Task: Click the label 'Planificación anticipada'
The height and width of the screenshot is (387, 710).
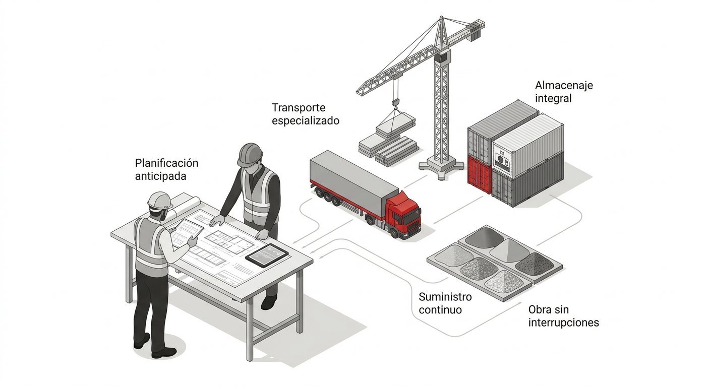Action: pyautogui.click(x=166, y=170)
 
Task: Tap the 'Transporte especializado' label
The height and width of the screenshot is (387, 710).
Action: pyautogui.click(x=305, y=114)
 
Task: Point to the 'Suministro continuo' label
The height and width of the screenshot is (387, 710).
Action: pyautogui.click(x=445, y=302)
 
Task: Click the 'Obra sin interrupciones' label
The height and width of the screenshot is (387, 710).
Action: pyautogui.click(x=563, y=316)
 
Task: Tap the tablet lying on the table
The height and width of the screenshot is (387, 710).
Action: pyautogui.click(x=267, y=255)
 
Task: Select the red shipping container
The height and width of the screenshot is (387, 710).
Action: pyautogui.click(x=479, y=174)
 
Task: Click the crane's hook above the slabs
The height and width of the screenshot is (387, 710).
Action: pyautogui.click(x=395, y=103)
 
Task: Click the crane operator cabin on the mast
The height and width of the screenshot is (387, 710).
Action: pyautogui.click(x=441, y=58)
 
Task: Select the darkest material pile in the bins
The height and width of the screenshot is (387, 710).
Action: pyautogui.click(x=535, y=264)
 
